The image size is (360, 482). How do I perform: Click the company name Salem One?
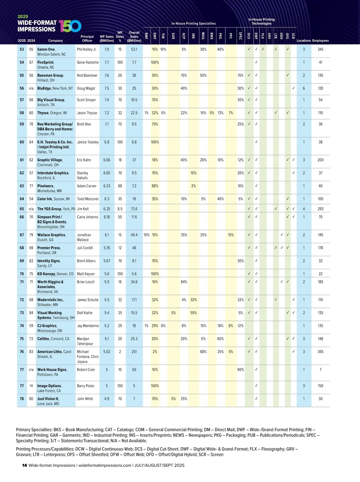[x=46, y=49]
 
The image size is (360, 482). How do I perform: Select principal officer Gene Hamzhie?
[x=88, y=62]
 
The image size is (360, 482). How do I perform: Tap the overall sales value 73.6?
[x=134, y=209]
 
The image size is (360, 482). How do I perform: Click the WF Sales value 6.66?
[x=107, y=160]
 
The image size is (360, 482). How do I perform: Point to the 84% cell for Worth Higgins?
[x=184, y=282]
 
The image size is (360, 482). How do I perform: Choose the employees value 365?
[x=320, y=352]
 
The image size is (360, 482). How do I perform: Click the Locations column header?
[x=304, y=41]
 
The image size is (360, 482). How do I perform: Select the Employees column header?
[x=320, y=41]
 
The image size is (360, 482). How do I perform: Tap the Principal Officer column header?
[x=87, y=38]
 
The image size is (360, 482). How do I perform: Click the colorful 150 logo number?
[x=70, y=26]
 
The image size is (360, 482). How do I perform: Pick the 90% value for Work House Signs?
[x=241, y=370]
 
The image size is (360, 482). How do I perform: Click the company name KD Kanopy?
[x=46, y=274]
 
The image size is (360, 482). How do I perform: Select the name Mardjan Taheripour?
[x=85, y=341]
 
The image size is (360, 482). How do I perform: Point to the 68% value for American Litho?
[x=203, y=352]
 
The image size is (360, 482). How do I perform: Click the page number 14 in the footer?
[x=25, y=465]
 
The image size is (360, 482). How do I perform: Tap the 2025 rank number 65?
[x=22, y=209]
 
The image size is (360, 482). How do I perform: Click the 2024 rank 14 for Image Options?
[x=31, y=386]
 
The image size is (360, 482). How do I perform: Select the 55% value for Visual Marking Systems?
[x=193, y=313]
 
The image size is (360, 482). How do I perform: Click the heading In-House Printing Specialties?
[x=193, y=23]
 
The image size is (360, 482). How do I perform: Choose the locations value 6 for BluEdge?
[x=304, y=89]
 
